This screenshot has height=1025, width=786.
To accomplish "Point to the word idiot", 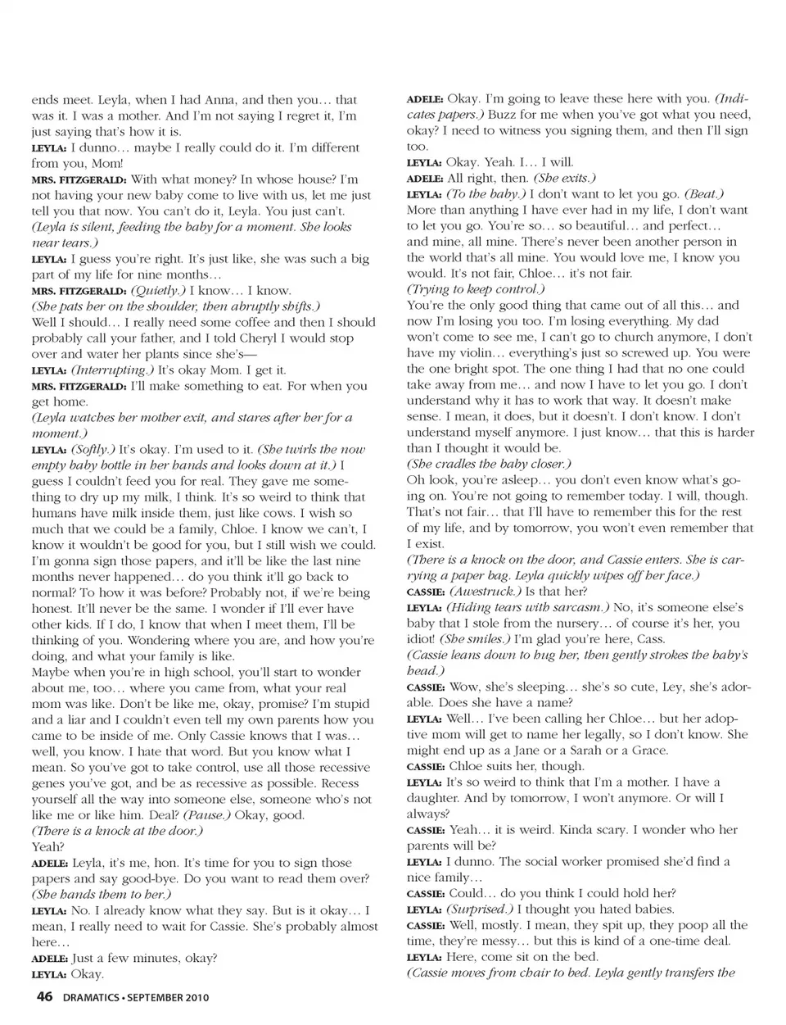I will (422, 639).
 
